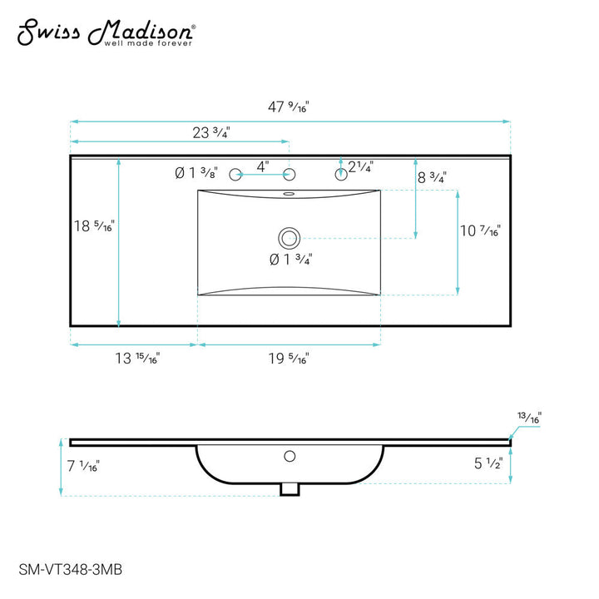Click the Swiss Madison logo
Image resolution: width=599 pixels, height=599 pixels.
pyautogui.click(x=107, y=32)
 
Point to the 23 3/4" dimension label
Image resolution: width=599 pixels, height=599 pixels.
pyautogui.click(x=210, y=132)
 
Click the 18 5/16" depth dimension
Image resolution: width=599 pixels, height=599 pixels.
pyautogui.click(x=93, y=225)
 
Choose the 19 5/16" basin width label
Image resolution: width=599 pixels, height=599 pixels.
pyautogui.click(x=288, y=359)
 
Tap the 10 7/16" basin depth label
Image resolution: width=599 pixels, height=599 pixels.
pyautogui.click(x=479, y=231)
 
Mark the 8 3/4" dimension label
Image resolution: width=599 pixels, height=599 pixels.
pyautogui.click(x=432, y=177)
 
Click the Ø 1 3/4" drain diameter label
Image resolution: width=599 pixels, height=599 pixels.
pyautogui.click(x=290, y=260)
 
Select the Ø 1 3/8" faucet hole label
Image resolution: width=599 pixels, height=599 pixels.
pyautogui.click(x=196, y=173)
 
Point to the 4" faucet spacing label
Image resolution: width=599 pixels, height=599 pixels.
pyautogui.click(x=262, y=166)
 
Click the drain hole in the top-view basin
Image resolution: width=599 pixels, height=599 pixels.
pyautogui.click(x=289, y=238)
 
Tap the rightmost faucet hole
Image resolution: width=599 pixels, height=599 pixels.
pyautogui.click(x=341, y=174)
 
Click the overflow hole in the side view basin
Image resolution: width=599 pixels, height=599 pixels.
pyautogui.click(x=290, y=456)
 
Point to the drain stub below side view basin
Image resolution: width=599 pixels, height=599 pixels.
pyautogui.click(x=290, y=489)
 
